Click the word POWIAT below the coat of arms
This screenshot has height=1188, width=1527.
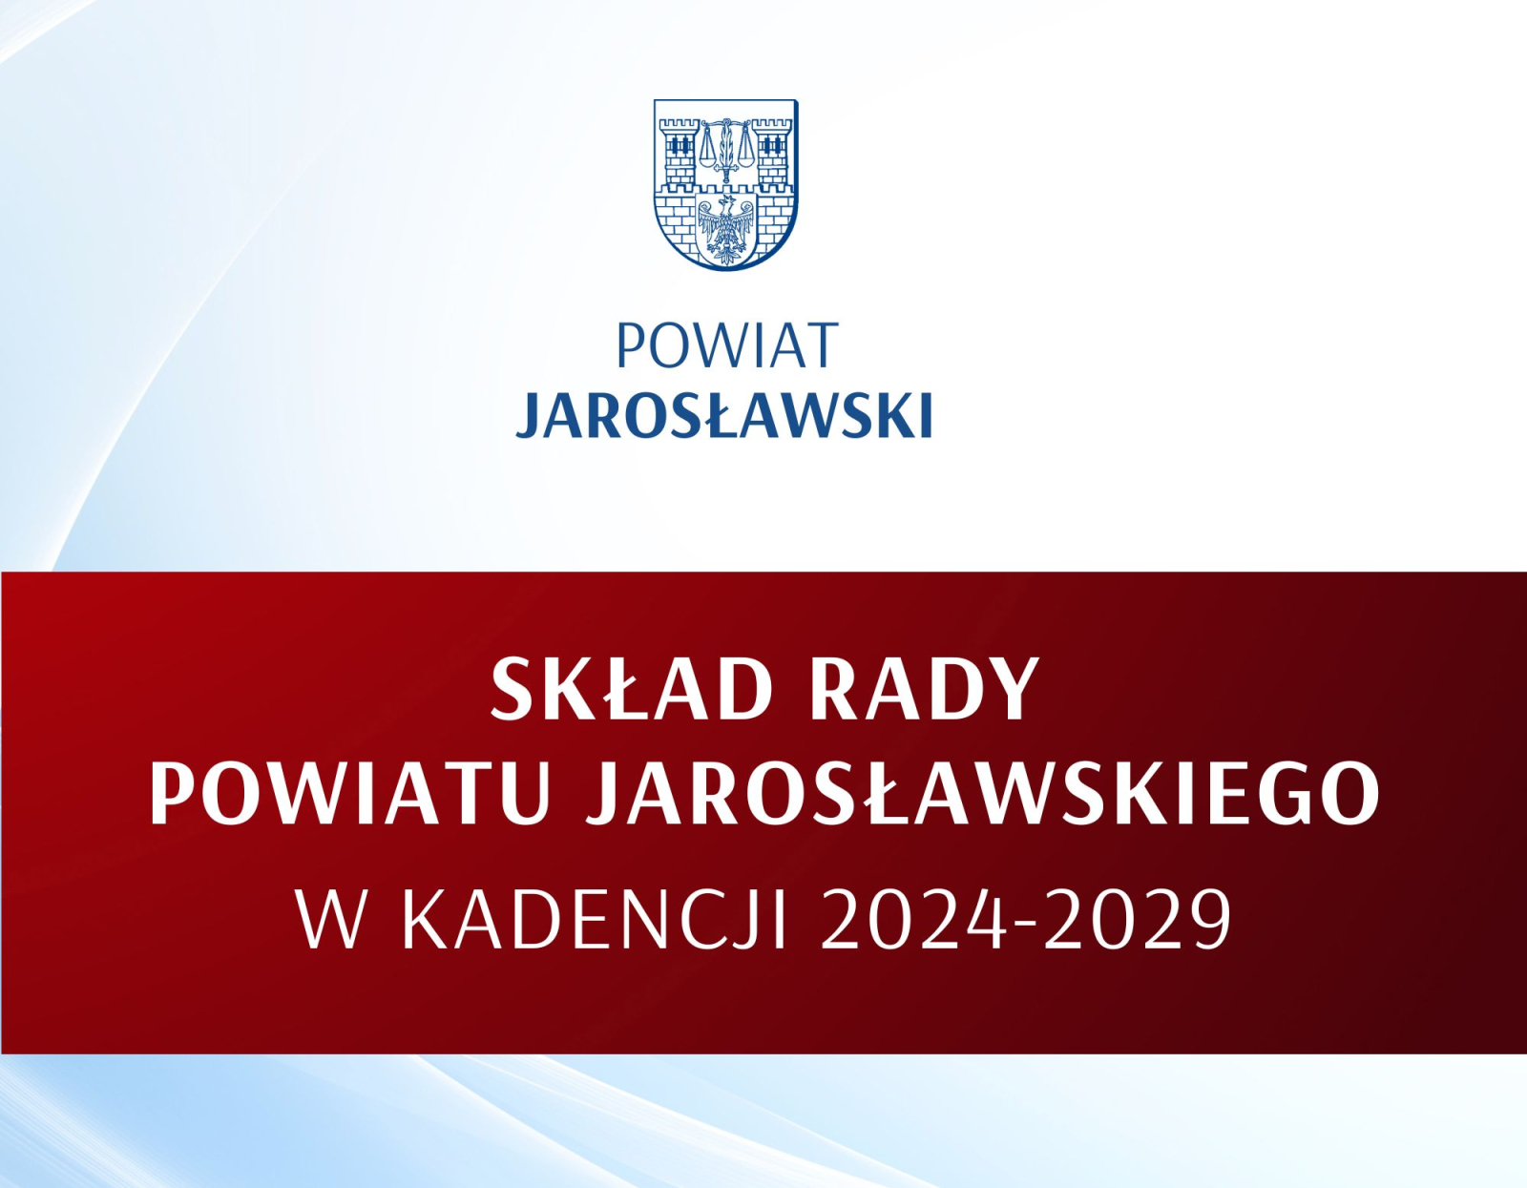coord(727,345)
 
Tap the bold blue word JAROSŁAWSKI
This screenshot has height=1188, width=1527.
coord(724,416)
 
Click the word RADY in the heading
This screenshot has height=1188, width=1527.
coord(925,689)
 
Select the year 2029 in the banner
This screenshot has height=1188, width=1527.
coord(1137,921)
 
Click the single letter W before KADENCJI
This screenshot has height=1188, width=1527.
coord(336,921)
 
